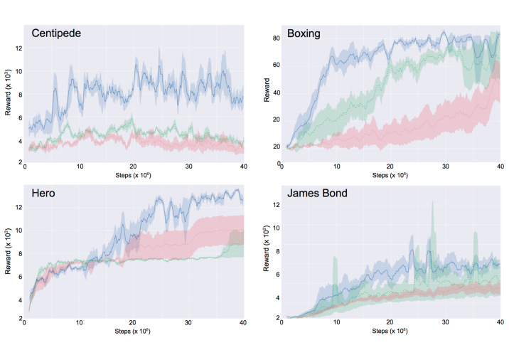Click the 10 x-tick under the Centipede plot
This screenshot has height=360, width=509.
pos(80,167)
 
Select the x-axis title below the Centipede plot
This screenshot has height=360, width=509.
pos(134,174)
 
